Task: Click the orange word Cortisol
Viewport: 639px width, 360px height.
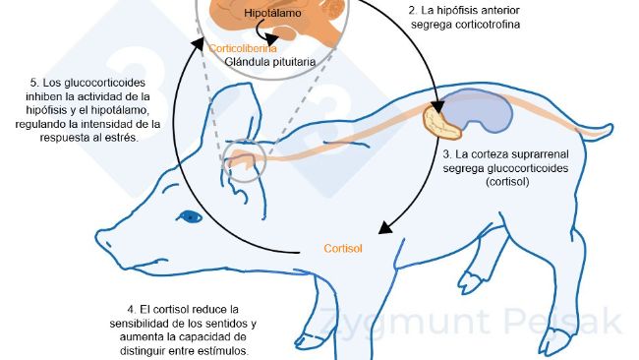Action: tap(343, 248)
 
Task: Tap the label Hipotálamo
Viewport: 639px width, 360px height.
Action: tap(269, 15)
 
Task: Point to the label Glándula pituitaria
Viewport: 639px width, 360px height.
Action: tap(270, 61)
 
